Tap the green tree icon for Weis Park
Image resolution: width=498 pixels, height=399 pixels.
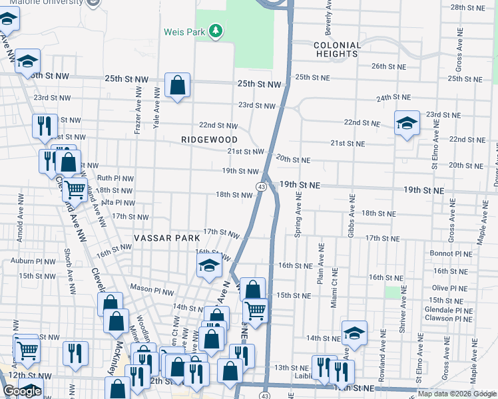(215, 31)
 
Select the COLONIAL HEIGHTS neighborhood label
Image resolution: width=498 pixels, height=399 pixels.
(337, 50)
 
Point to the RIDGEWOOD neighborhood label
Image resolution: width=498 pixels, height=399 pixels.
(210, 140)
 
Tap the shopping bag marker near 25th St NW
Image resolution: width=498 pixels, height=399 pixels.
(177, 85)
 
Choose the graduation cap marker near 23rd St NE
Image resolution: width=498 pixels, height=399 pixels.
(407, 124)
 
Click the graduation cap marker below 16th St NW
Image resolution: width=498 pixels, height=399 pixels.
(209, 267)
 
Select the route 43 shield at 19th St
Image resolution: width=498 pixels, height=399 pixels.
(262, 188)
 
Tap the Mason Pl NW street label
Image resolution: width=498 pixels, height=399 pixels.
(152, 290)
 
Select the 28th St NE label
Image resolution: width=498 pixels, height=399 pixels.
(467, 7)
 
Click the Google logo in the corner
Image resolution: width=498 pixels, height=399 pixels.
(21, 391)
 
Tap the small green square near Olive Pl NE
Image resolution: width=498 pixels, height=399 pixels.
(393, 293)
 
